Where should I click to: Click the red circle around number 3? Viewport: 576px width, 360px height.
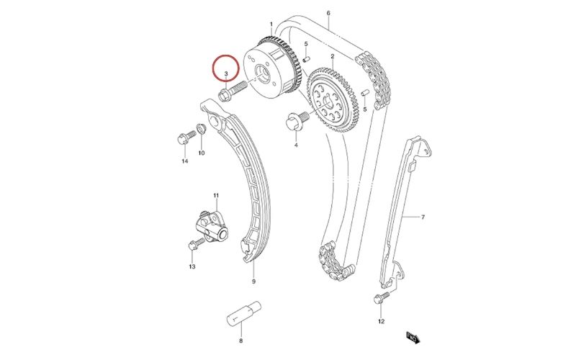point(226,69)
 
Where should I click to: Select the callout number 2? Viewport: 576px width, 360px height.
point(333,56)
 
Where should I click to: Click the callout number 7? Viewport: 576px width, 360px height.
point(423,217)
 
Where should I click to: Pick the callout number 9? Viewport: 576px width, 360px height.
point(253,281)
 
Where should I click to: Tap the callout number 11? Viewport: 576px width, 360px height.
point(215,196)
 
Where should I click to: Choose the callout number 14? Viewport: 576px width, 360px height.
point(184,161)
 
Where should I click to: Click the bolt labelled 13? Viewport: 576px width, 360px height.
point(193,245)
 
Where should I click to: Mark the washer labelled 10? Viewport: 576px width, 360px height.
point(202,130)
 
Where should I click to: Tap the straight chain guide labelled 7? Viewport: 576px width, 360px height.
point(403,216)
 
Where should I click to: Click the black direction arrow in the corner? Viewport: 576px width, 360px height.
point(413,336)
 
